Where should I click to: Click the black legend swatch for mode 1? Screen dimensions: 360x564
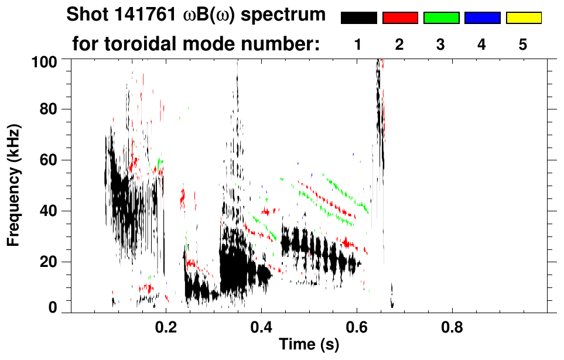[x=358, y=18]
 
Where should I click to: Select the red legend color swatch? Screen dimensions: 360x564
[x=400, y=18]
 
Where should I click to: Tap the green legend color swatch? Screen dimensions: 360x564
[x=441, y=18]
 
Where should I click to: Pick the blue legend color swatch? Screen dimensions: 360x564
[x=482, y=18]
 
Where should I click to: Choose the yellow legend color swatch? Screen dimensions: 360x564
[x=524, y=18]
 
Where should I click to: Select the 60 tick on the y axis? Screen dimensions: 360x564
[x=54, y=160]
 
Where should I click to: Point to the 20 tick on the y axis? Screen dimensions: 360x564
[x=54, y=261]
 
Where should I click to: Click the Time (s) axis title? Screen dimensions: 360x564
[x=309, y=345]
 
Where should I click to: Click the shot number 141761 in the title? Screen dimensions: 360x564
[x=128, y=15]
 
